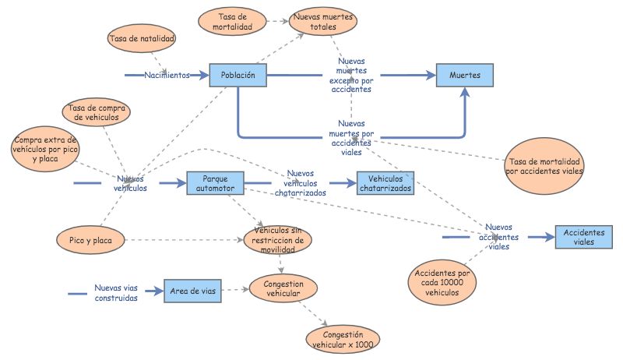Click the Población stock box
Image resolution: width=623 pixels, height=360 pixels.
pos(238,75)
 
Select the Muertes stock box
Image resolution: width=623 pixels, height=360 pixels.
pos(465,75)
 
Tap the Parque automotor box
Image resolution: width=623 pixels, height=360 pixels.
pos(215,183)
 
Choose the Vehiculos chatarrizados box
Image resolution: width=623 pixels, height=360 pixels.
pos(385,183)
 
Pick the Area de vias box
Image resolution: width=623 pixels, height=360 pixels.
pos(191,291)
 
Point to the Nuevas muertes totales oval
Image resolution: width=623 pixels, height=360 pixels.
pos(323,22)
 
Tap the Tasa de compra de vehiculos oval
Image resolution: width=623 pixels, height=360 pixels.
pos(98,113)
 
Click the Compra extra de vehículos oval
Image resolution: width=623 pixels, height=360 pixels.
pos(46,148)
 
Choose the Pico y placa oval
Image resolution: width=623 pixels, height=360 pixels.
pos(90,241)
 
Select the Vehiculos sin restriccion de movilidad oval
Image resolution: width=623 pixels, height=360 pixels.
pos(278,241)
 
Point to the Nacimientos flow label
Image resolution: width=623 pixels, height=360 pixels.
pos(167,76)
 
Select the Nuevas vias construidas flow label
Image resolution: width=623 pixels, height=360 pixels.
pos(116,293)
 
